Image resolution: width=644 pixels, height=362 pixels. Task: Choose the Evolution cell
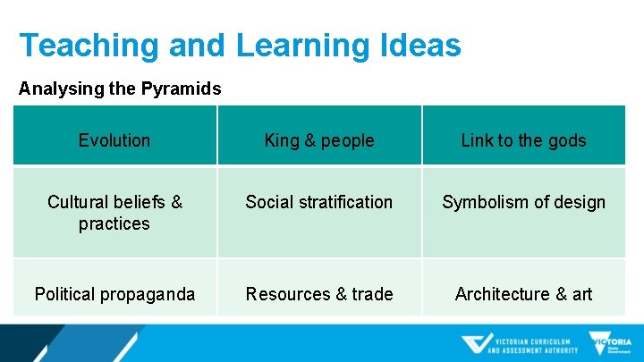pyautogui.click(x=114, y=140)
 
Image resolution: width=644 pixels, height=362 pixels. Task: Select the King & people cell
pyautogui.click(x=319, y=140)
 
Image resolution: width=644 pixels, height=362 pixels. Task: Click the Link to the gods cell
pyautogui.click(x=523, y=140)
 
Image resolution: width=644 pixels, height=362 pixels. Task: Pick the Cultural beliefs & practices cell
pyautogui.click(x=114, y=213)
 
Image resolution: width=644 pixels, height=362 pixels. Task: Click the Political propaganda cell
pyautogui.click(x=114, y=294)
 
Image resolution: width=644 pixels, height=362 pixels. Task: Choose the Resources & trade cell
pyautogui.click(x=319, y=294)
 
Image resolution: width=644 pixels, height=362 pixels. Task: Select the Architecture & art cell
pyautogui.click(x=523, y=294)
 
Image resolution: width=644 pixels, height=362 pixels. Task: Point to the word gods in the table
pyautogui.click(x=567, y=140)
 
